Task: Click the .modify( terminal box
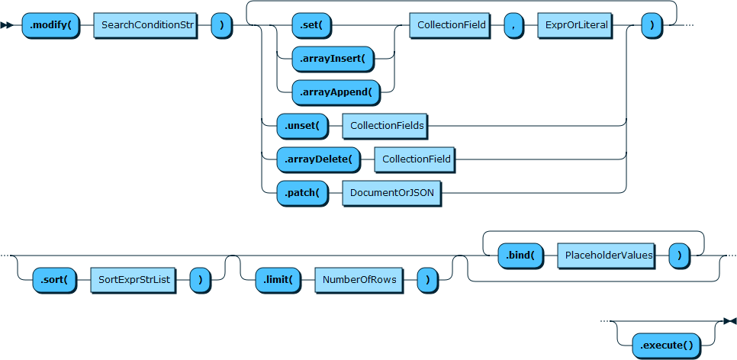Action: (x=50, y=26)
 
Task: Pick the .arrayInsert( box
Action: (x=333, y=58)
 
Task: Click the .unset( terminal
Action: (x=301, y=125)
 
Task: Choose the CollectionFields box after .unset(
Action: (x=387, y=125)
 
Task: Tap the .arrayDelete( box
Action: (x=317, y=159)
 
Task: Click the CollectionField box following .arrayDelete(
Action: (x=417, y=159)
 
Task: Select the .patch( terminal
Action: (x=301, y=193)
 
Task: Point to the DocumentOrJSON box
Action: (x=391, y=193)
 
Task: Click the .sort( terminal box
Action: (x=55, y=279)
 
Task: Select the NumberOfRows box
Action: (x=359, y=279)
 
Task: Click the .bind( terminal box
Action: (x=520, y=256)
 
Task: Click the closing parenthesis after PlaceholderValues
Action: (x=679, y=256)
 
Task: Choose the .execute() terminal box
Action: (x=666, y=345)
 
